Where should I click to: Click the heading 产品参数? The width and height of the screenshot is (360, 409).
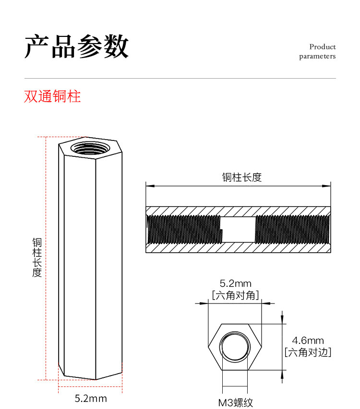point(77,47)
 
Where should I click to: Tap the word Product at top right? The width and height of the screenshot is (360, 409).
point(323,47)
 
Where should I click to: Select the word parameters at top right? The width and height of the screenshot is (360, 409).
point(317,57)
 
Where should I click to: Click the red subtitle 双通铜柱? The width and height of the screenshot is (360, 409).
point(52,96)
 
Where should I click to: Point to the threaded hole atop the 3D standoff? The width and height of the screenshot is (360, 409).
point(90,147)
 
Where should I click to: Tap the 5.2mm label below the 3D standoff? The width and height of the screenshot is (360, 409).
point(91,398)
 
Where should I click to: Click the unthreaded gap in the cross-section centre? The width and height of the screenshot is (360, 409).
point(238,229)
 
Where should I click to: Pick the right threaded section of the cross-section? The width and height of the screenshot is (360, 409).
point(292,229)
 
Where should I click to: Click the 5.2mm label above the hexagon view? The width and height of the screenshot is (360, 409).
point(235,284)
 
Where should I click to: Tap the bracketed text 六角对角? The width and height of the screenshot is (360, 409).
point(235,295)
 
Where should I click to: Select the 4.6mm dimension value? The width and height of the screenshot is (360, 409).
point(308,341)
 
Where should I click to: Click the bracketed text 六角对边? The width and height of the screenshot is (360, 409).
point(308,353)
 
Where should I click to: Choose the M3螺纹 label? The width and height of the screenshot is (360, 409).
point(235,403)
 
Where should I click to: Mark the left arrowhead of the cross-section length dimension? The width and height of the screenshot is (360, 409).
point(149,185)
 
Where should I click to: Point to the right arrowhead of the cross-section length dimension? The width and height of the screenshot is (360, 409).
point(328,185)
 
